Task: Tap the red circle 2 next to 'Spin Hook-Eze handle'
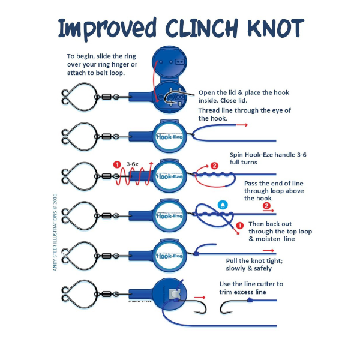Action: (x=214, y=166)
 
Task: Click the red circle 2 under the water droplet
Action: (x=265, y=206)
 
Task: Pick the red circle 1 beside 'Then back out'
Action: (x=239, y=225)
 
